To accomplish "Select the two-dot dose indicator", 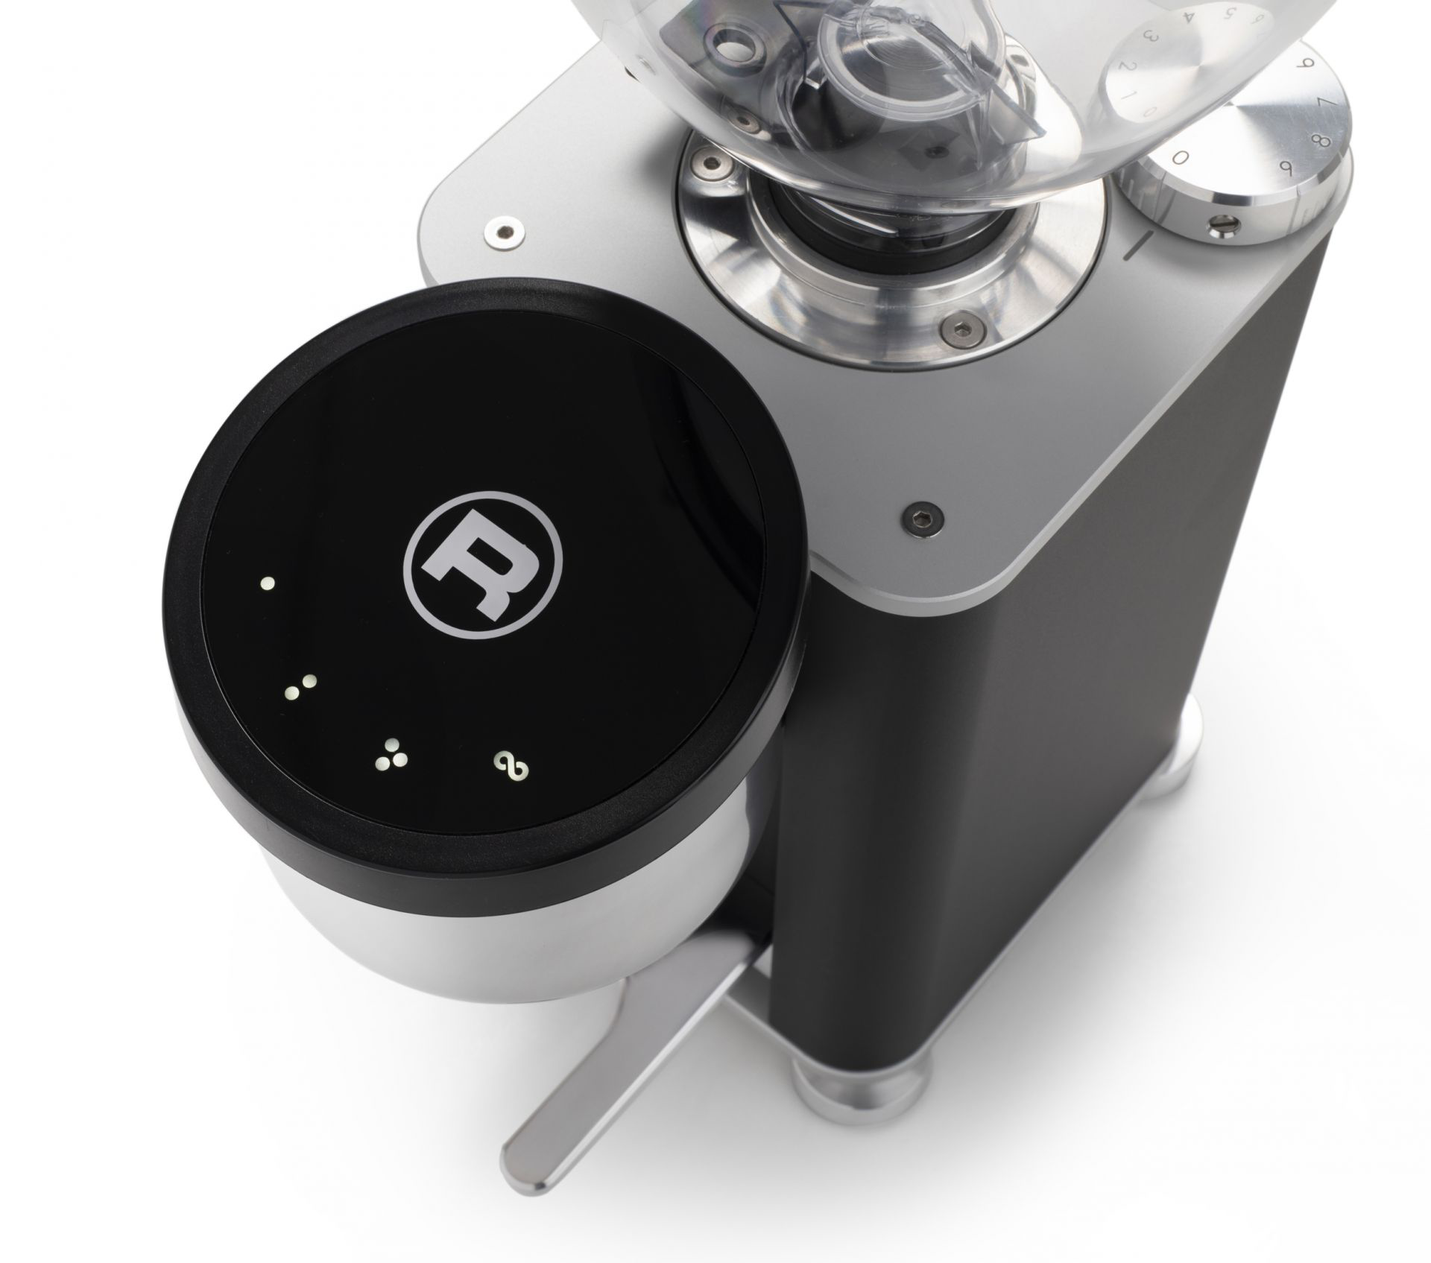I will point(301,689).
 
